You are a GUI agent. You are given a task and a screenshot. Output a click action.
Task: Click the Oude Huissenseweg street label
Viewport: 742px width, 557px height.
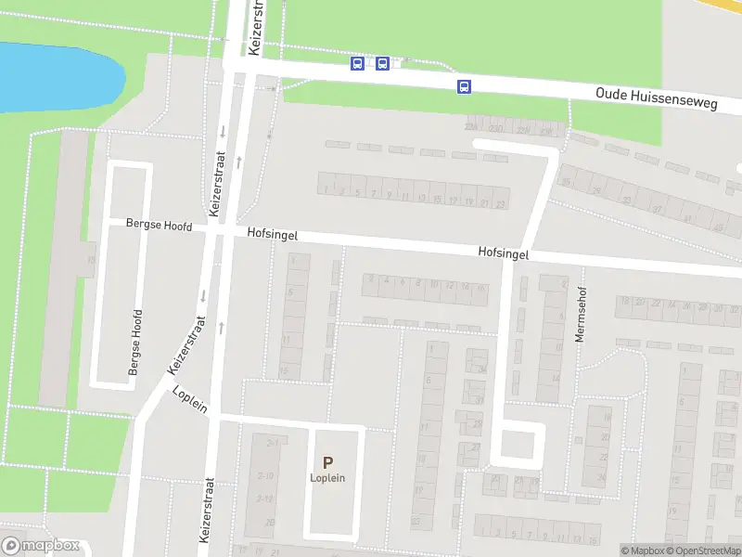tap(657, 99)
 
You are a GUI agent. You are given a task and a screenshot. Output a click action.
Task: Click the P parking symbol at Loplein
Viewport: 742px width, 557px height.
tap(327, 462)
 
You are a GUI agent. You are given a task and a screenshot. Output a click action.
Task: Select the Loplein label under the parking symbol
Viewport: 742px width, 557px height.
tap(327, 478)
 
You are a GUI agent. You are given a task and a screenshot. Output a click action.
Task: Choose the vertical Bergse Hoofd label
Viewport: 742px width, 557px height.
tap(136, 343)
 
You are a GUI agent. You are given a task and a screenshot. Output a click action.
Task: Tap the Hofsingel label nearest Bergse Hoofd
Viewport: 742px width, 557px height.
tap(273, 235)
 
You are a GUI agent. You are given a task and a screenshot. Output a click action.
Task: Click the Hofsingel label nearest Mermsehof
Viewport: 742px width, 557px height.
tap(504, 252)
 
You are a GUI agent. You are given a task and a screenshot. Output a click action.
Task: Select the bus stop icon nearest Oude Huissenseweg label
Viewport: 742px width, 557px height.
tap(463, 87)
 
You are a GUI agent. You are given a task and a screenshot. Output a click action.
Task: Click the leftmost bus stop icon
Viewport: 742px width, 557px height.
tap(357, 63)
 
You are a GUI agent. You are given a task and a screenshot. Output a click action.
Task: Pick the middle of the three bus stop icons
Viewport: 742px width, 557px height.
tap(382, 63)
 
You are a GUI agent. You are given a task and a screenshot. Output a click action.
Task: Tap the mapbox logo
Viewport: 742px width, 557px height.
tap(41, 546)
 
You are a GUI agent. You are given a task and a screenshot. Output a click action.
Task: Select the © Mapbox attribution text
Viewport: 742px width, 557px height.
tap(639, 551)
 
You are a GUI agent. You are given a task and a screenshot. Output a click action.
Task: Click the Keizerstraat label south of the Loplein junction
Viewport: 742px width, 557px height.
tap(207, 510)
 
